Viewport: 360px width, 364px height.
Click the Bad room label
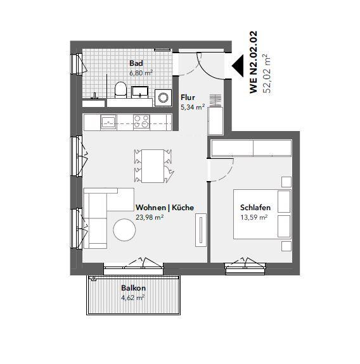tap(136, 63)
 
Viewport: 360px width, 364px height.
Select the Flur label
tap(187, 97)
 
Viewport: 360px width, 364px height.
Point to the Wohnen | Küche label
tap(165, 207)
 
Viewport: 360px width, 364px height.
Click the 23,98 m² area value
tap(150, 217)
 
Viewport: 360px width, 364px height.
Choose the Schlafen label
tap(255, 208)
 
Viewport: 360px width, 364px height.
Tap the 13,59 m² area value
tap(254, 217)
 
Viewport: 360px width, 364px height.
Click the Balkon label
tap(133, 287)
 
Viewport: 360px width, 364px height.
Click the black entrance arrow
tap(236, 65)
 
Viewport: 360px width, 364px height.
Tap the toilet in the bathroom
tap(120, 89)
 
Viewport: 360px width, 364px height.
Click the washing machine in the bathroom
tap(164, 97)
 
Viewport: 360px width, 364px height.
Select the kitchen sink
tap(108, 121)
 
